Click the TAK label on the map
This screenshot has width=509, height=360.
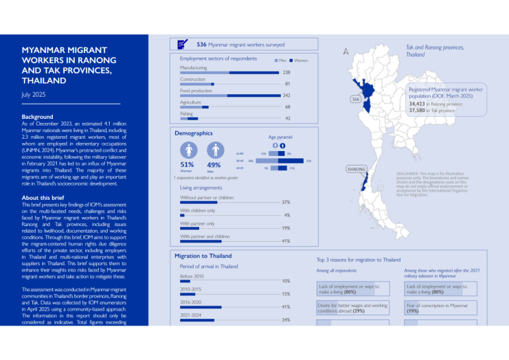point(356,99)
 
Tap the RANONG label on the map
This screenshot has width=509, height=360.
point(356,168)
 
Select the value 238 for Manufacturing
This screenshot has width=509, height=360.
point(286,72)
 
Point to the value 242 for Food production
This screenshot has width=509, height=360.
point(286,95)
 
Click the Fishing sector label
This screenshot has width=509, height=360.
point(186,113)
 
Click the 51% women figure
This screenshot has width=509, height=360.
point(186,165)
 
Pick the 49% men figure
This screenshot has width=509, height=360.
point(214,165)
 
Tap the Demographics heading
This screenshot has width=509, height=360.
point(193,133)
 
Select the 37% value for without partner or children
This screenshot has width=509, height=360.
point(286,203)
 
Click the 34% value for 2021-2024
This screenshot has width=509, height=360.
point(286,319)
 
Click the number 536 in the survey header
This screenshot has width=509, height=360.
point(201,45)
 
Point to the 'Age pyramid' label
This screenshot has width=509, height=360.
point(280,137)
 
